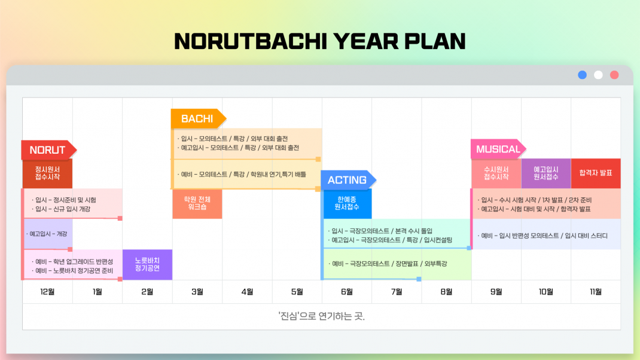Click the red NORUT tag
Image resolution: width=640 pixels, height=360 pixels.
pyautogui.click(x=48, y=150)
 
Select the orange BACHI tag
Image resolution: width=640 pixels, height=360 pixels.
pyautogui.click(x=198, y=119)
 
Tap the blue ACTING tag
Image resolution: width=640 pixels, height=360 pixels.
pyautogui.click(x=348, y=180)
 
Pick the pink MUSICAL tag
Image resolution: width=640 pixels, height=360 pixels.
pyautogui.click(x=498, y=149)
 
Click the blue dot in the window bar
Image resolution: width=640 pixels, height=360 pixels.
pyautogui.click(x=583, y=75)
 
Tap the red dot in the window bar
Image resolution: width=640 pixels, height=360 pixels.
pyautogui.click(x=614, y=75)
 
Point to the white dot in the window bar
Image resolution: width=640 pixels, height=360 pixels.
pyautogui.click(x=598, y=75)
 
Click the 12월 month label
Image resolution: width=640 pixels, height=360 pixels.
pyautogui.click(x=47, y=292)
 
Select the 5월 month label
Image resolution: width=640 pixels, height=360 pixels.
pyautogui.click(x=297, y=292)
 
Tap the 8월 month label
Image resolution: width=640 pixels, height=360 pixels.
pyautogui.click(x=447, y=292)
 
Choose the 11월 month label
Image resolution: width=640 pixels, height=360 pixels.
pyautogui.click(x=596, y=292)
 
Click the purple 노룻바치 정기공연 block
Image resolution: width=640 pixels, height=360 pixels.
pyautogui.click(x=147, y=264)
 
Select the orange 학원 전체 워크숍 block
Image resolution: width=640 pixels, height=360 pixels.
pyautogui.click(x=197, y=204)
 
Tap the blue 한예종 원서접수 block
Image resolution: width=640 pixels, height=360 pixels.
pyautogui.click(x=347, y=204)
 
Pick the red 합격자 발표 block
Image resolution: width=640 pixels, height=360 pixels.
pyautogui.click(x=596, y=173)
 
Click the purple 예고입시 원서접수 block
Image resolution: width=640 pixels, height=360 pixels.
pyautogui.click(x=546, y=173)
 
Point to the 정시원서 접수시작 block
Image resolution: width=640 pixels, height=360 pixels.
pyautogui.click(x=48, y=173)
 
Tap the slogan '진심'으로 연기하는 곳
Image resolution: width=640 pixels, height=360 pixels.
pyautogui.click(x=321, y=316)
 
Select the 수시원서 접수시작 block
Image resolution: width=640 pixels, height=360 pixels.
pyautogui.click(x=496, y=173)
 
